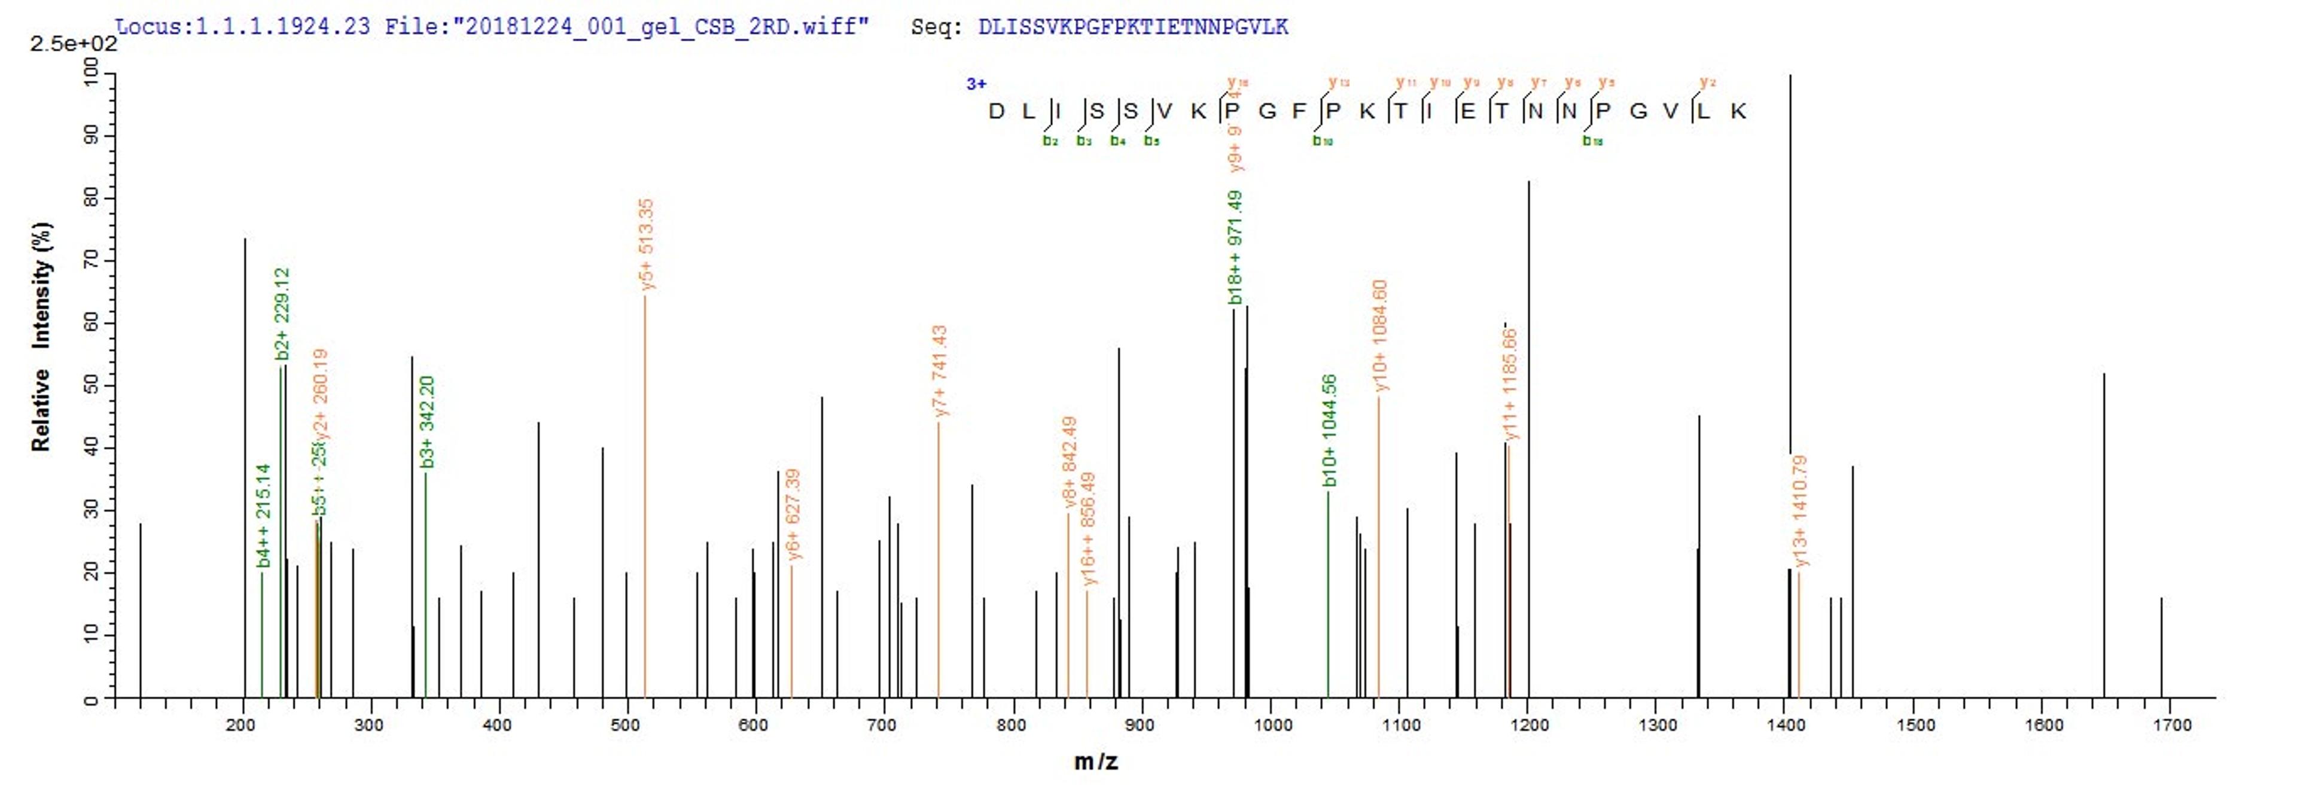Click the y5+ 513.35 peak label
coord(647,244)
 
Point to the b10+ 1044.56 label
coord(1330,431)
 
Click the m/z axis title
coord(1096,762)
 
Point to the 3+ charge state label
coord(976,84)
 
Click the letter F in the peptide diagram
coord(1299,111)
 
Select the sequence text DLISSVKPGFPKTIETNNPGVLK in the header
coord(1134,27)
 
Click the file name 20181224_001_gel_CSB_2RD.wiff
coord(660,27)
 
